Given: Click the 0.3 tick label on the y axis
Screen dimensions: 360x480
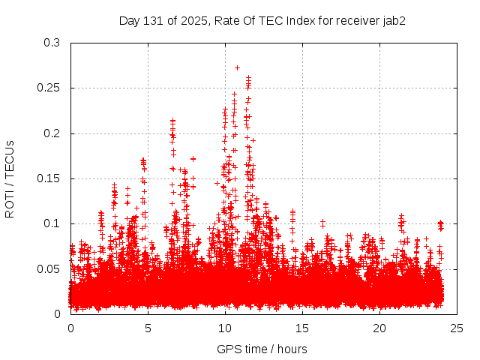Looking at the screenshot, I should pyautogui.click(x=51, y=43).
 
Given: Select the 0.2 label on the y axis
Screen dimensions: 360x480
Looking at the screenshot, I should pyautogui.click(x=51, y=133).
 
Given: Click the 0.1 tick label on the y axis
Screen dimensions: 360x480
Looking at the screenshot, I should pyautogui.click(x=51, y=223).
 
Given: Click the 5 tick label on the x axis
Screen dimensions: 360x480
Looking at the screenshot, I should pyautogui.click(x=148, y=328).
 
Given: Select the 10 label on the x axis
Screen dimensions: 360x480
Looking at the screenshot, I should pyautogui.click(x=225, y=328).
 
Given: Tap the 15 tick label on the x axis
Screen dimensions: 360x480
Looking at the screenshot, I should pyautogui.click(x=302, y=328).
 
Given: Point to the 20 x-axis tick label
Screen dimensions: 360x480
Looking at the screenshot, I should pyautogui.click(x=379, y=328).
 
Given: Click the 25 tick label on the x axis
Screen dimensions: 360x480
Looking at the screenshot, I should pyautogui.click(x=457, y=328).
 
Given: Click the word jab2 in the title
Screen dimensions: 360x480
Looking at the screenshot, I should pyautogui.click(x=392, y=20).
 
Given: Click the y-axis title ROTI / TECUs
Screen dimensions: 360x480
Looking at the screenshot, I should pyautogui.click(x=10, y=178).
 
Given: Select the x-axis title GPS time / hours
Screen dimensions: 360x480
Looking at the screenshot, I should pyautogui.click(x=262, y=349).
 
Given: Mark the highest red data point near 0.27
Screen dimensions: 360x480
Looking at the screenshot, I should pyautogui.click(x=237, y=67).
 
